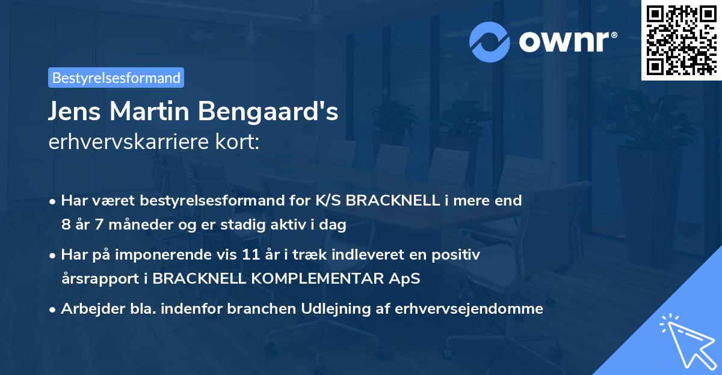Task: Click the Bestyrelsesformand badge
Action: pos(116,78)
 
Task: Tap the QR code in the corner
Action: pos(680,40)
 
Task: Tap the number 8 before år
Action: pos(65,225)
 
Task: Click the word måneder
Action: pos(122,225)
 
